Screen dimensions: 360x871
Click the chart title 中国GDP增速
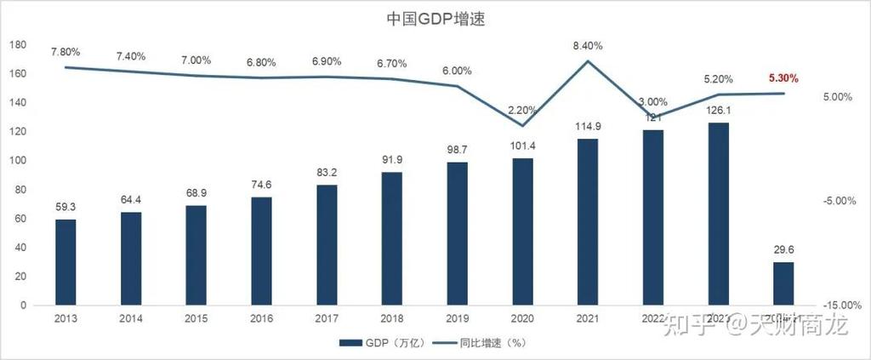point(435,19)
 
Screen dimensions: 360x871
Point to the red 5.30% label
point(783,78)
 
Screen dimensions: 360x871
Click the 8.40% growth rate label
point(588,46)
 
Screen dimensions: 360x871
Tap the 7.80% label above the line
point(65,52)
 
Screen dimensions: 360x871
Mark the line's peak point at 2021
point(588,60)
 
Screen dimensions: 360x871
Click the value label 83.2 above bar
point(327,173)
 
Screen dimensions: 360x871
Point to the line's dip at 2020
point(522,126)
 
